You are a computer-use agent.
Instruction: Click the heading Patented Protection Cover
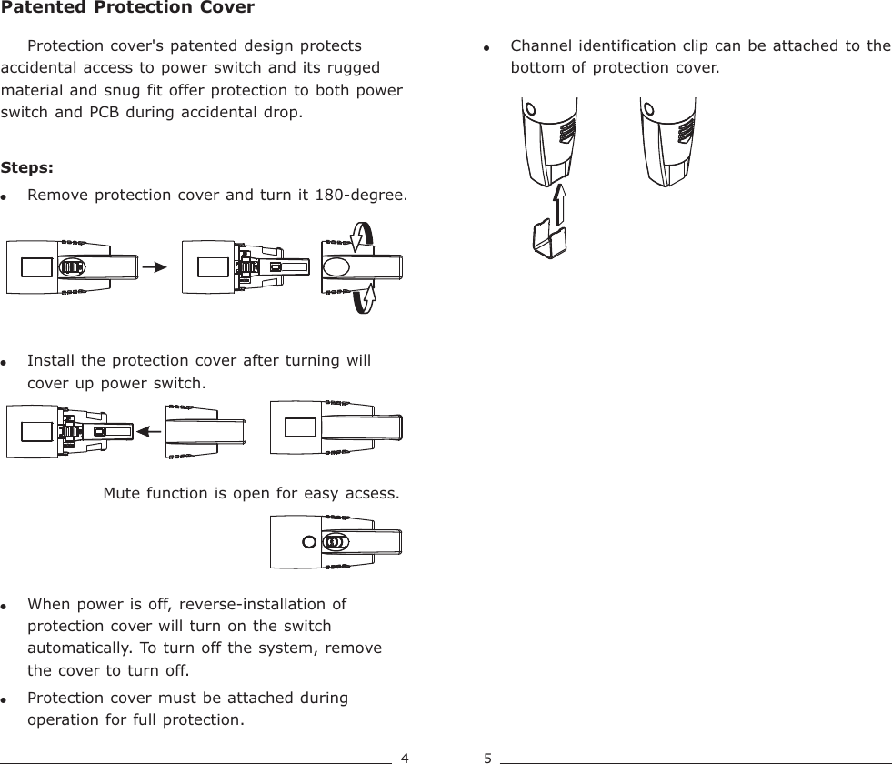pos(127,9)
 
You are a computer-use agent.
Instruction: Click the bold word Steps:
pos(27,168)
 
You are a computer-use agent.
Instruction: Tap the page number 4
pos(405,757)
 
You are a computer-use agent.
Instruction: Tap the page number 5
pos(488,757)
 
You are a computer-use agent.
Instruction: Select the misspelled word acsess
pos(373,494)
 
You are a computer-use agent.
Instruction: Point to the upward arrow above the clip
pos(560,202)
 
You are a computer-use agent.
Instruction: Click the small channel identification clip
pos(549,237)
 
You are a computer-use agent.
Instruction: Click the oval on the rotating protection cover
pos(337,267)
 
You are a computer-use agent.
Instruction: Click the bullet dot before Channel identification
pos(487,47)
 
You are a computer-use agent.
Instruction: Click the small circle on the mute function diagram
pos(310,542)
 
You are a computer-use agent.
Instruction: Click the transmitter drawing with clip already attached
pos(668,141)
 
